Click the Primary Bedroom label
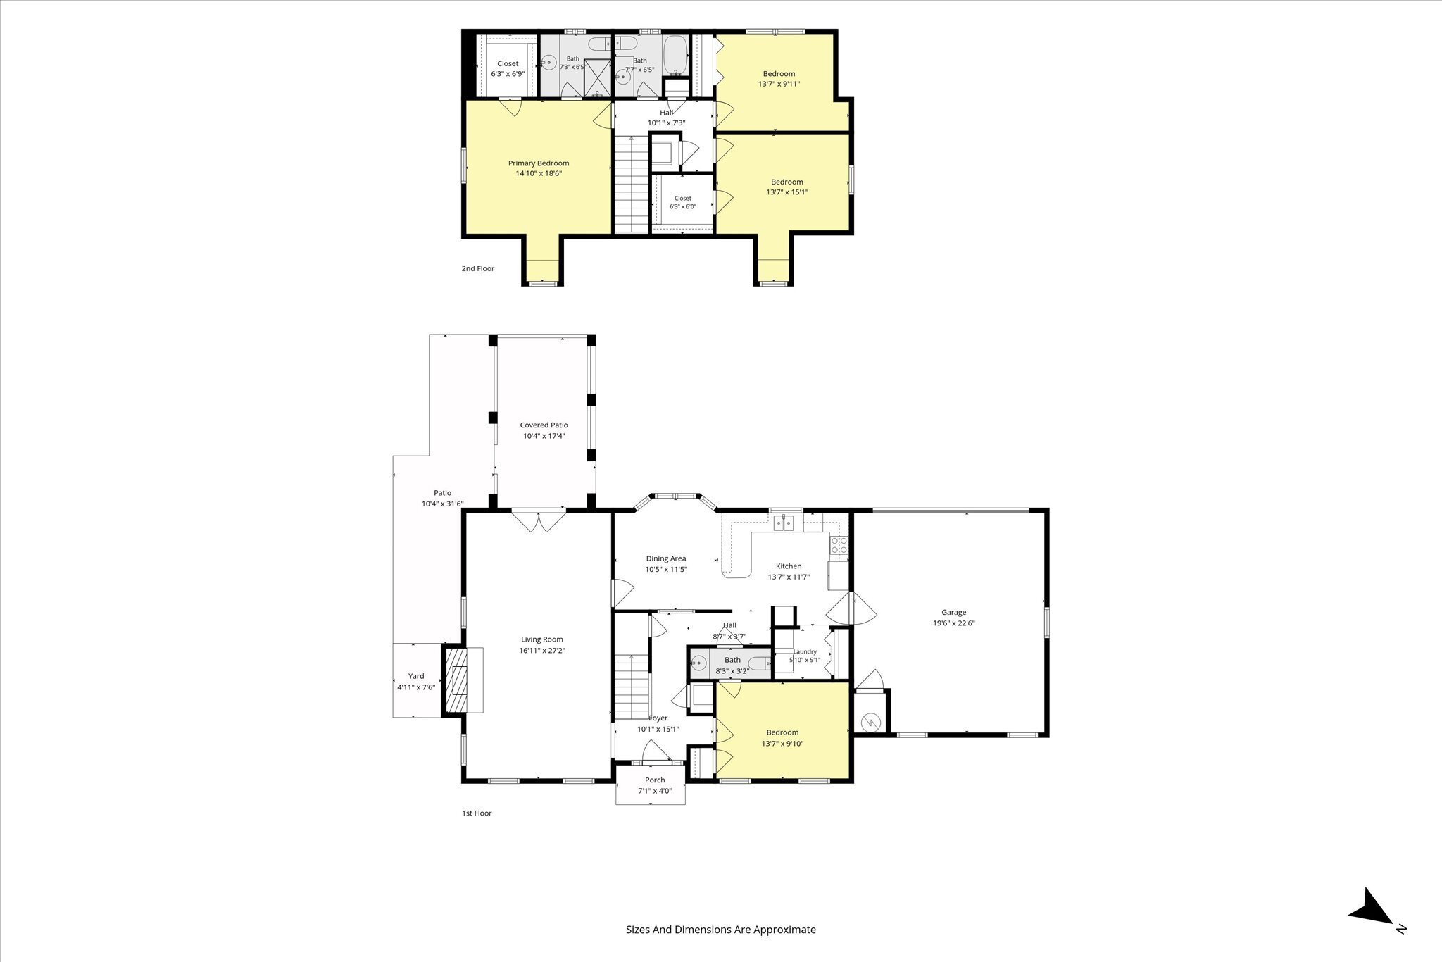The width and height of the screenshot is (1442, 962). coord(539,163)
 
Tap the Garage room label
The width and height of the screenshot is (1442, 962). coord(954,613)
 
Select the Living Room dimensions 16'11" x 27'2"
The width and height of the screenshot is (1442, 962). coord(542,651)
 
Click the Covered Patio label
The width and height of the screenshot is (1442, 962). coord(544,425)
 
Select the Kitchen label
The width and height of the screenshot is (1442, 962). coord(789,566)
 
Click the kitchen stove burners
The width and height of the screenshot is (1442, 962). coord(839,544)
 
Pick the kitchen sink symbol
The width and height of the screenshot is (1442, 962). coord(783,522)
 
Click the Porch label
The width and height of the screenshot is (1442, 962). coord(655,780)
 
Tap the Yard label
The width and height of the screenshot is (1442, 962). coord(416,676)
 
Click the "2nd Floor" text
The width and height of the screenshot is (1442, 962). coord(478,268)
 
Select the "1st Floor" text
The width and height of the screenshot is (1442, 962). coord(477,813)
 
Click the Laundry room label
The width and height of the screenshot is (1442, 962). coord(805,652)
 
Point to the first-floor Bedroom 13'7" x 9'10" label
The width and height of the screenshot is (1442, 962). coord(782,737)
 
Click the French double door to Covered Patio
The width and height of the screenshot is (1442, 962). coord(538,520)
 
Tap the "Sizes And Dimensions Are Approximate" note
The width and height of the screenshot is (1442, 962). coord(721,930)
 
